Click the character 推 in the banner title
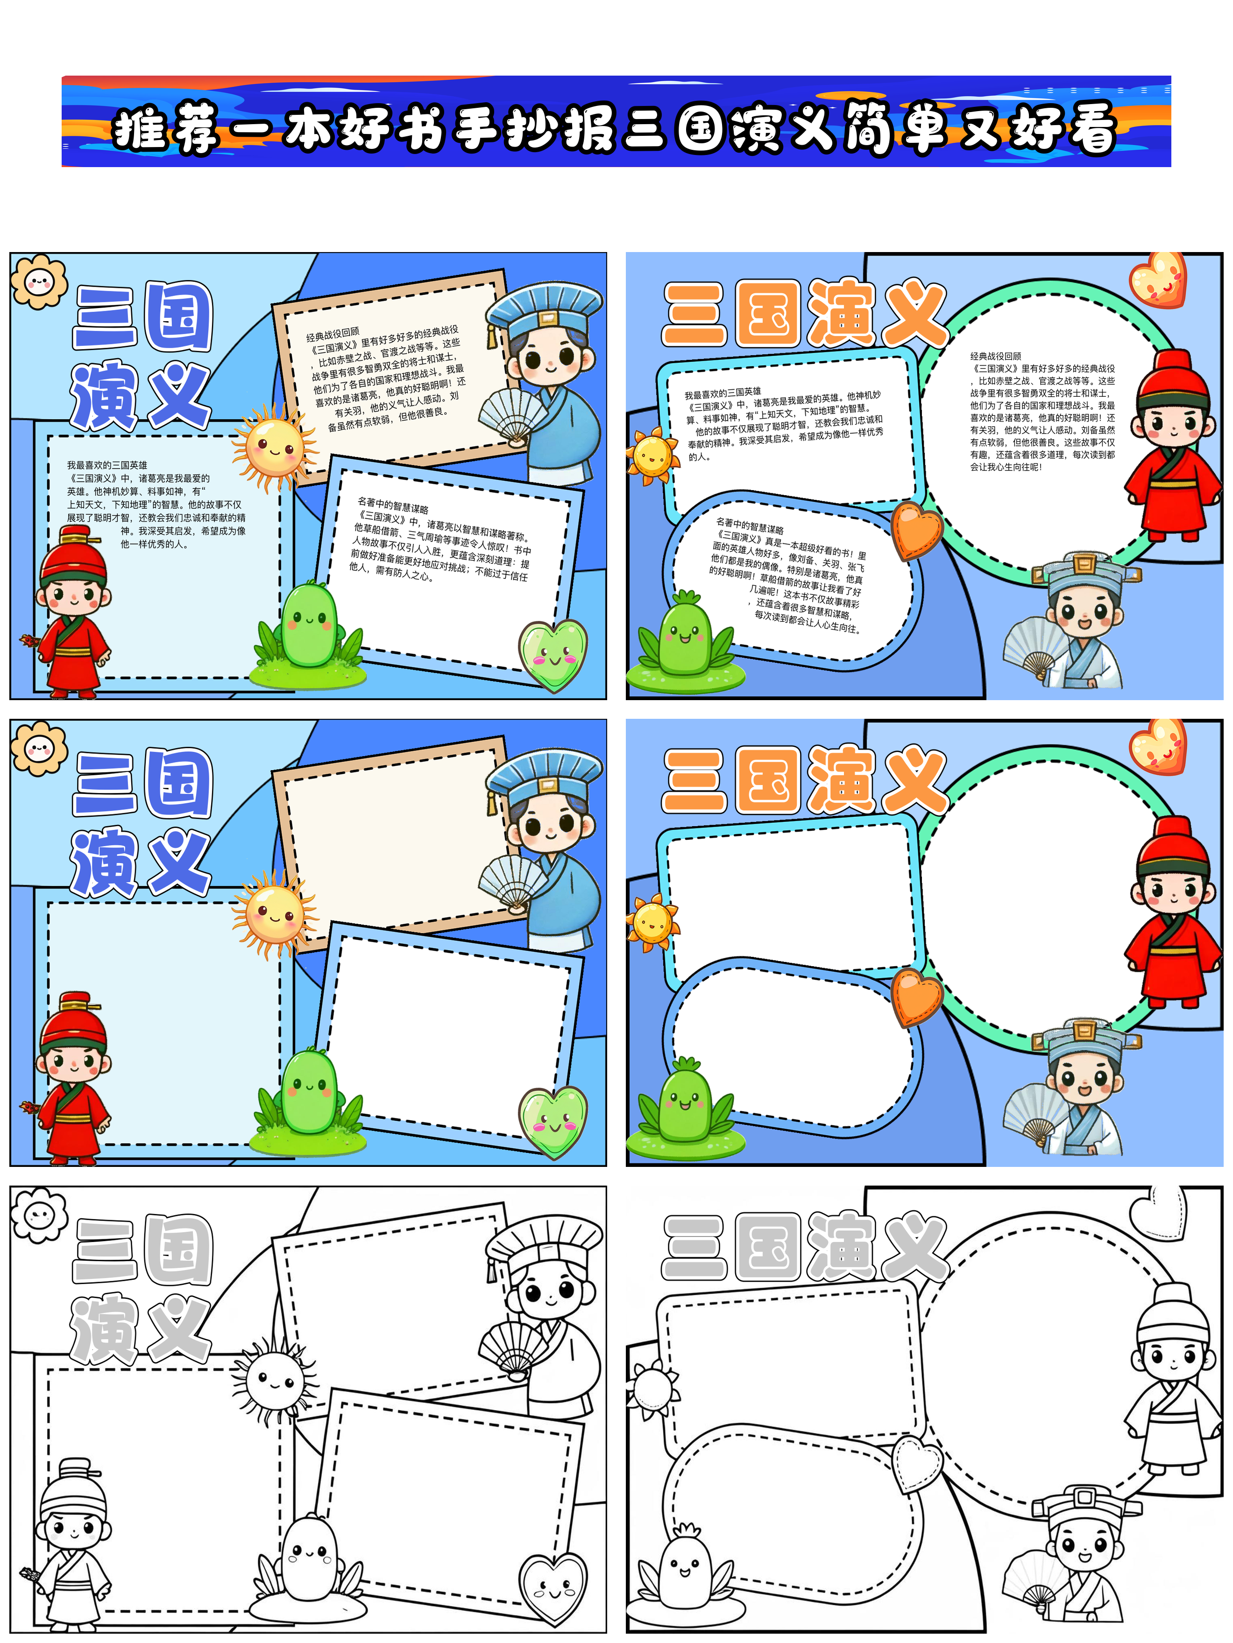(139, 130)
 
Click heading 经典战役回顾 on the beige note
(332, 334)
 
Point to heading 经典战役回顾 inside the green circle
(995, 357)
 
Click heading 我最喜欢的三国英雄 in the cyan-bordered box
(723, 392)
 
